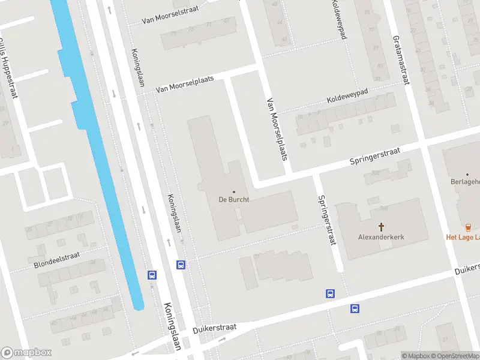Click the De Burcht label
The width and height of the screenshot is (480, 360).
pos(233,200)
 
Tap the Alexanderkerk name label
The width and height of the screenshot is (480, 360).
pos(381,237)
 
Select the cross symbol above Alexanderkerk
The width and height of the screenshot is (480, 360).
pos(381,226)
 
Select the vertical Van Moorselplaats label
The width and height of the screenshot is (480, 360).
pos(277,130)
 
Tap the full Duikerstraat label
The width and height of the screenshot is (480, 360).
pos(215,328)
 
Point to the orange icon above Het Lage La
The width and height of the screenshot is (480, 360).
pos(468,226)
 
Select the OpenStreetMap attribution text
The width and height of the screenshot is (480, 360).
pos(454,356)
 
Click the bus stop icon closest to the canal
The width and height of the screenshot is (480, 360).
pos(152,275)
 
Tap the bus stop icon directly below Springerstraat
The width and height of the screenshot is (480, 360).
pos(330,293)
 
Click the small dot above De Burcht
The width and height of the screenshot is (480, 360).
pos(233,192)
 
